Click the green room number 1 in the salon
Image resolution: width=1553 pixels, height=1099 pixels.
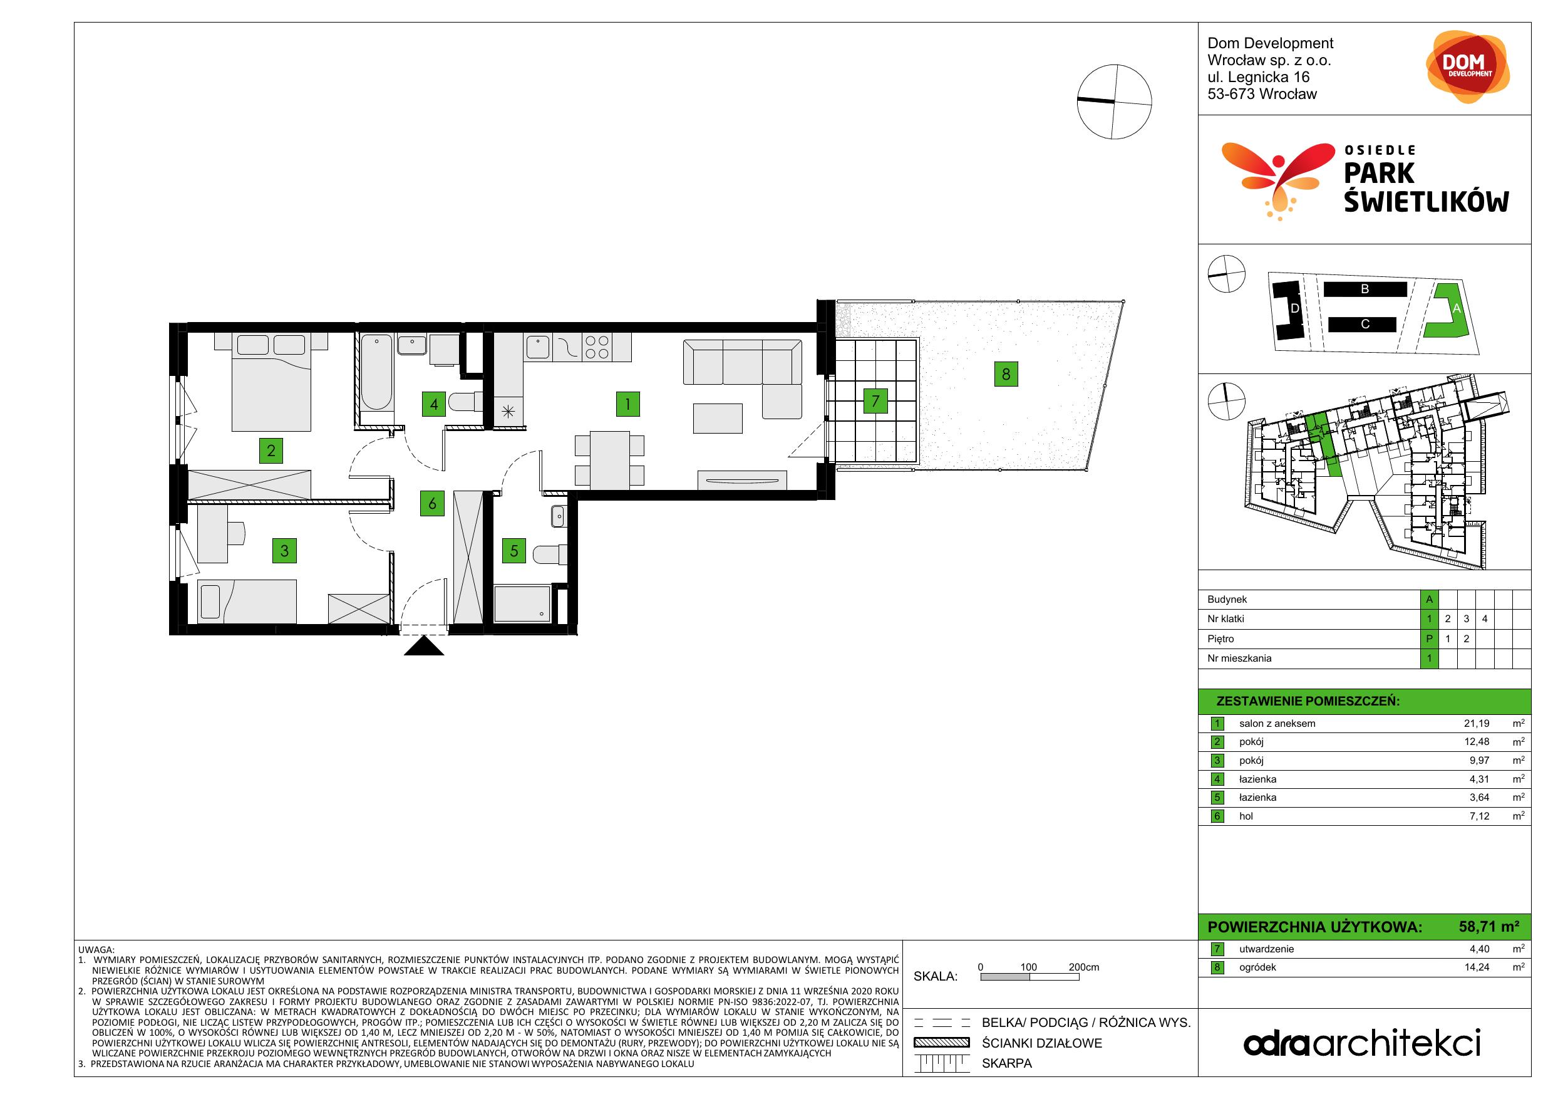(x=627, y=404)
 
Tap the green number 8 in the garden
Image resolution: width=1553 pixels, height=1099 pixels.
(x=1006, y=373)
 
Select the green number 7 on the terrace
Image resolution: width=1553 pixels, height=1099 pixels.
(x=875, y=401)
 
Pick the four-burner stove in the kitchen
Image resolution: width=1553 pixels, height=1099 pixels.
(x=597, y=347)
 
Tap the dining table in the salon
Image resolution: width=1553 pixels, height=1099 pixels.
(x=609, y=459)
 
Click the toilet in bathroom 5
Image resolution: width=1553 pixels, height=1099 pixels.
(x=550, y=555)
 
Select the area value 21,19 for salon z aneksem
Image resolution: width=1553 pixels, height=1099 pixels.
(x=1477, y=724)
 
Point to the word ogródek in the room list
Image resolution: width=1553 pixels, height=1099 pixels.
(x=1257, y=967)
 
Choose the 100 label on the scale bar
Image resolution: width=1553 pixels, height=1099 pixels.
(x=1028, y=967)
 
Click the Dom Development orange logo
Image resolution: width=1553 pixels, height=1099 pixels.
(x=1467, y=67)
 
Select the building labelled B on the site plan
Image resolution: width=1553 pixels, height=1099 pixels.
(x=1365, y=289)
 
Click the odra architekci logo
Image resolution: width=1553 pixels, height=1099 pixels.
(x=1361, y=1043)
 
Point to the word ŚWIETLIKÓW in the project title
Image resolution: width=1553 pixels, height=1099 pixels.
(x=1426, y=201)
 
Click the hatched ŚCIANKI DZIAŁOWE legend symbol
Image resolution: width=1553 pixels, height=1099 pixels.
(x=942, y=1043)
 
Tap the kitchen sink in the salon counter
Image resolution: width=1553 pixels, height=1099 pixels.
(x=538, y=346)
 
